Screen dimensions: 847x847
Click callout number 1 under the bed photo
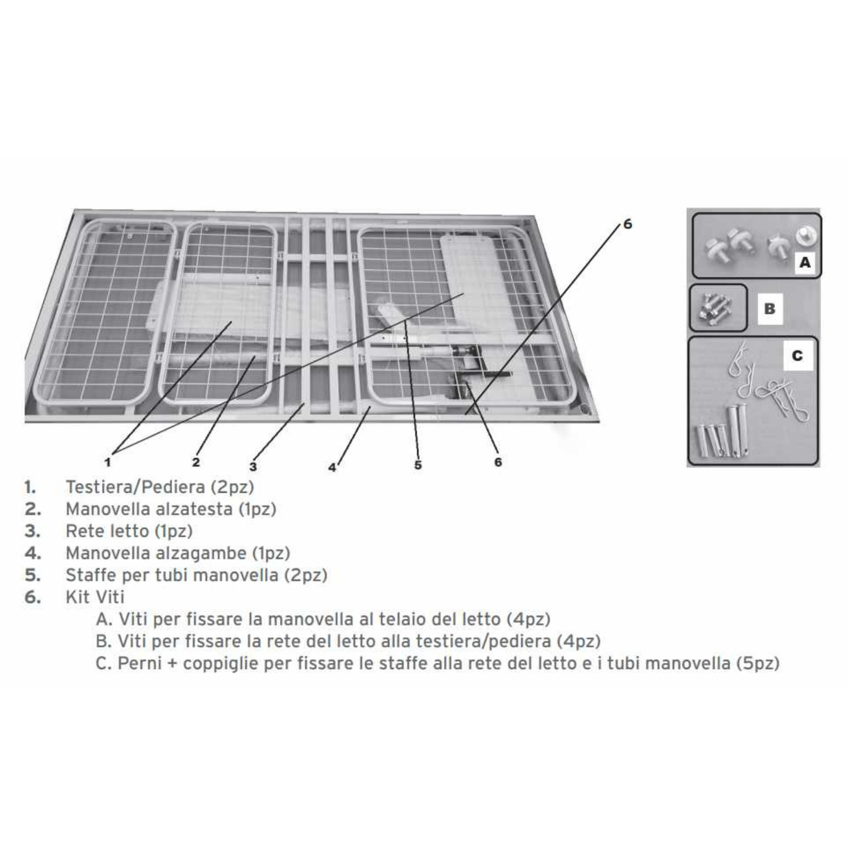click(x=107, y=462)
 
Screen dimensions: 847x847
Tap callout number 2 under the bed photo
click(x=196, y=462)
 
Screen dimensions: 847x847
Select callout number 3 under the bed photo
click(x=253, y=466)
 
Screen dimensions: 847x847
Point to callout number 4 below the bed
click(x=332, y=467)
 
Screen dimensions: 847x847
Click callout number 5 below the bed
click(x=418, y=465)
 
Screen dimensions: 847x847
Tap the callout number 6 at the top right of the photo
click(x=627, y=224)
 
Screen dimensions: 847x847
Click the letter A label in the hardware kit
click(x=805, y=262)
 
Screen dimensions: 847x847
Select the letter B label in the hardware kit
click(x=770, y=309)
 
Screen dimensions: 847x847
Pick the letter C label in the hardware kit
click(x=797, y=356)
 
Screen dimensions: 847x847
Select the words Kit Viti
click(x=95, y=597)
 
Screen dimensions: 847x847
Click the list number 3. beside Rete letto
click(x=32, y=531)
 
